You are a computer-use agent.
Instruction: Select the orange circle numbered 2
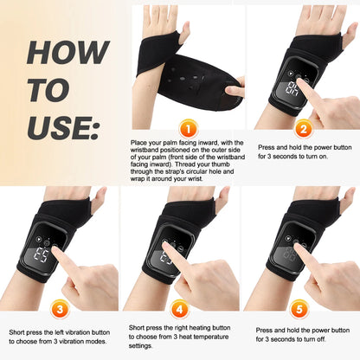pyautogui.click(x=302, y=129)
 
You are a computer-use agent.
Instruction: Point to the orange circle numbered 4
pyautogui.click(x=179, y=306)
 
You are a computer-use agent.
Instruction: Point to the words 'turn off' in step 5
pyautogui.click(x=328, y=338)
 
